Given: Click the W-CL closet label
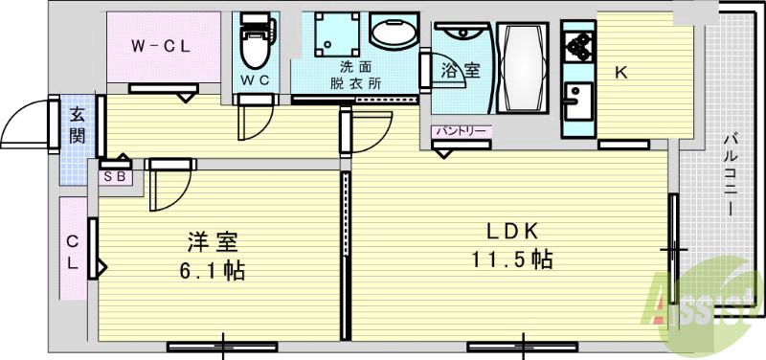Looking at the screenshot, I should coord(159,44).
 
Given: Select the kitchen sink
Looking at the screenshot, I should coord(577,100).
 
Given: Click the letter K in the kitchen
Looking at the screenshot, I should coord(620,72).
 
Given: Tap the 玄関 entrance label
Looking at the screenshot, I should coord(77,124).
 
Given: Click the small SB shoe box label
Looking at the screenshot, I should coord(113,176).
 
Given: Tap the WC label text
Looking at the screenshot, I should coord(254,80).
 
